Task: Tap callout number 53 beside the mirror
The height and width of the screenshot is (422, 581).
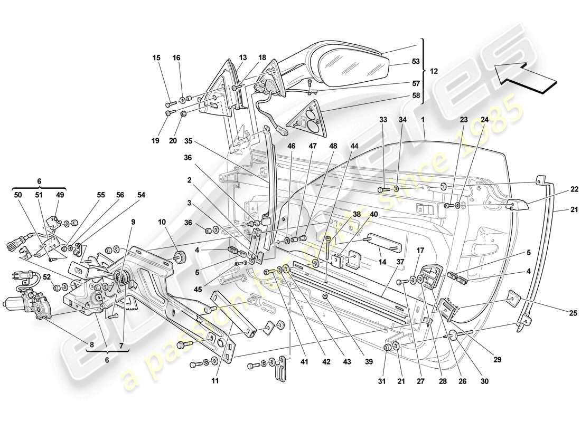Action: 416,62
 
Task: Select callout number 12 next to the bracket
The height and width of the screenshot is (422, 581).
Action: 433,71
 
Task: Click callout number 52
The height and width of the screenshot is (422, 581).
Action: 46,276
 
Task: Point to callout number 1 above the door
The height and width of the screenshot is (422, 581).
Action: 423,120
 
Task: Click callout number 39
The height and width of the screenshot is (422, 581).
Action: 369,362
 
